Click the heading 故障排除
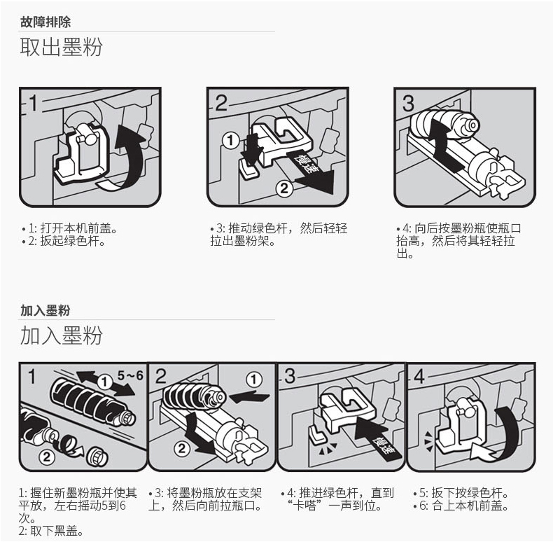45,22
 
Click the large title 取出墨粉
61,47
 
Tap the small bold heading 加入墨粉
45,310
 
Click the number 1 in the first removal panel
33,103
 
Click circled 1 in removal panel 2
230,141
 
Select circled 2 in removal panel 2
284,189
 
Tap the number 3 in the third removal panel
408,103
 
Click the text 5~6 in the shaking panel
130,375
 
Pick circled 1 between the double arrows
104,382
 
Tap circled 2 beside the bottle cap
47,458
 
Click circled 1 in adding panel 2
254,380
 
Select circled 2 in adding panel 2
181,448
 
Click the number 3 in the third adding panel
290,376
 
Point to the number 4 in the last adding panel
420,376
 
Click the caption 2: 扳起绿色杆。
64,241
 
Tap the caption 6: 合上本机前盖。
461,506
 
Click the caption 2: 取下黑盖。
51,531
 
